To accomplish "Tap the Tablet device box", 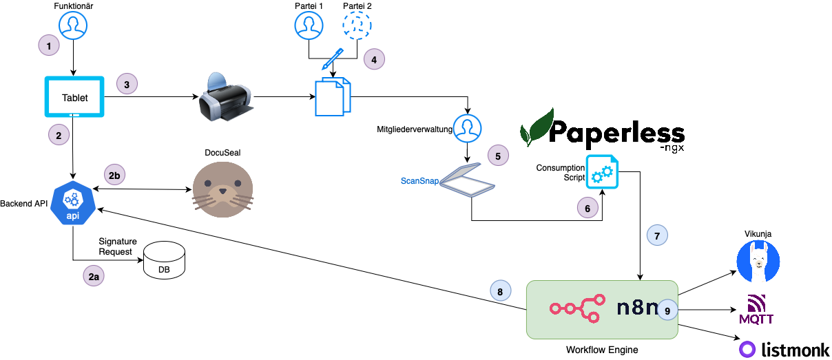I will (74, 97).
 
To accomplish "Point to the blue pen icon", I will (333, 59).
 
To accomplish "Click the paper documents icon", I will (333, 97).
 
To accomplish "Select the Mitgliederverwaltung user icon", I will (468, 127).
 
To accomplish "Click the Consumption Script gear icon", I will (602, 171).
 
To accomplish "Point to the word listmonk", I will (794, 348).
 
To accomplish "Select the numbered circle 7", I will (657, 235).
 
